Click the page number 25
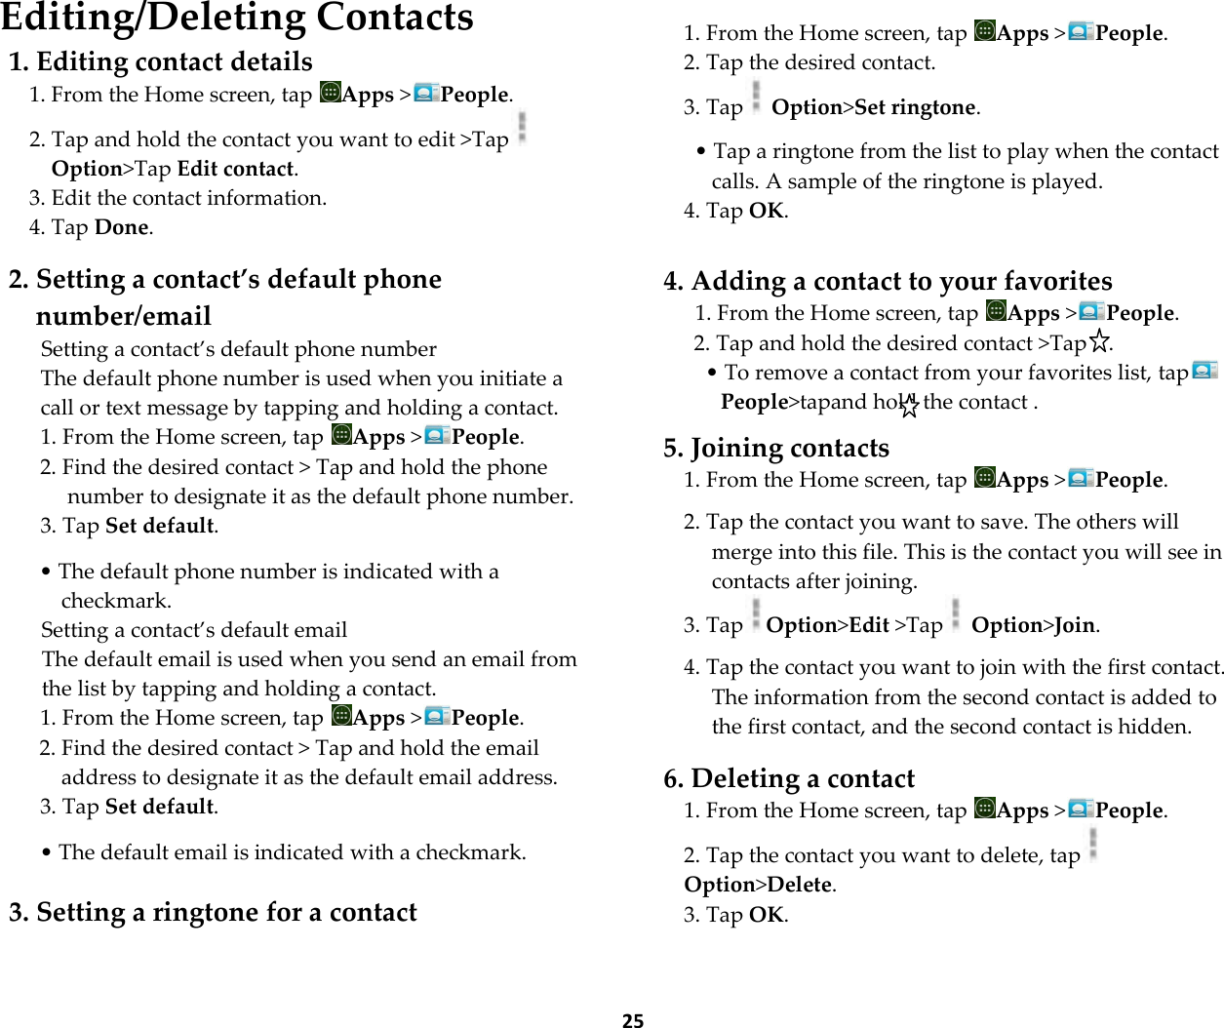pyautogui.click(x=633, y=1020)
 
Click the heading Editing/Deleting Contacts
pyautogui.click(x=237, y=18)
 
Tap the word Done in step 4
pyautogui.click(x=121, y=227)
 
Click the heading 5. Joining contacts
pyautogui.click(x=776, y=448)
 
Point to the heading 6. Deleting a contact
pyautogui.click(x=789, y=778)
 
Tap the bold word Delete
pyautogui.click(x=800, y=885)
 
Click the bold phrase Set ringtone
pyautogui.click(x=915, y=107)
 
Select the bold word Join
pyautogui.click(x=1075, y=625)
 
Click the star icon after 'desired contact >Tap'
pyautogui.click(x=1099, y=341)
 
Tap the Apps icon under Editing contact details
pyautogui.click(x=331, y=93)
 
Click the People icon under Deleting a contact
pyautogui.click(x=1081, y=809)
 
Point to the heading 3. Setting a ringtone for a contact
pyautogui.click(x=213, y=912)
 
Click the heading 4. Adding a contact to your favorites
pyautogui.click(x=888, y=281)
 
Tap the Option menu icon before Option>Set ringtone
pyautogui.click(x=756, y=99)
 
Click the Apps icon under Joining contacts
pyautogui.click(x=985, y=478)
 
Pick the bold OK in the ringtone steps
pyautogui.click(x=766, y=211)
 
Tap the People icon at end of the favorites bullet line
pyautogui.click(x=1204, y=371)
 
